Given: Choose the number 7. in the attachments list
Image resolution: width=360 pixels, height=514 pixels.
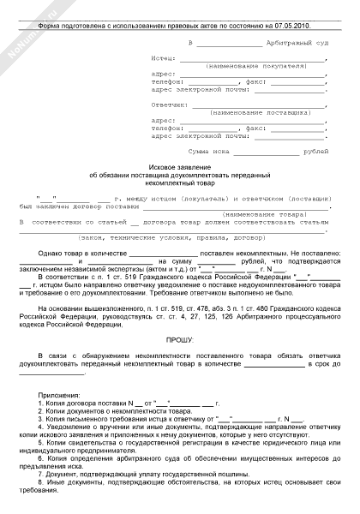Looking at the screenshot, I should click(45, 473).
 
